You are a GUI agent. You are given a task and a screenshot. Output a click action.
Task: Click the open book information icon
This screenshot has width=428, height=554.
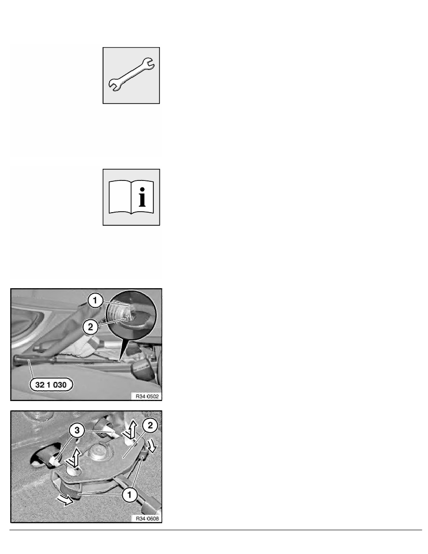pos(132,198)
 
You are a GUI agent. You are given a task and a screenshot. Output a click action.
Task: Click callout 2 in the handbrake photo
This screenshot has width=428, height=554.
pos(92,327)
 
